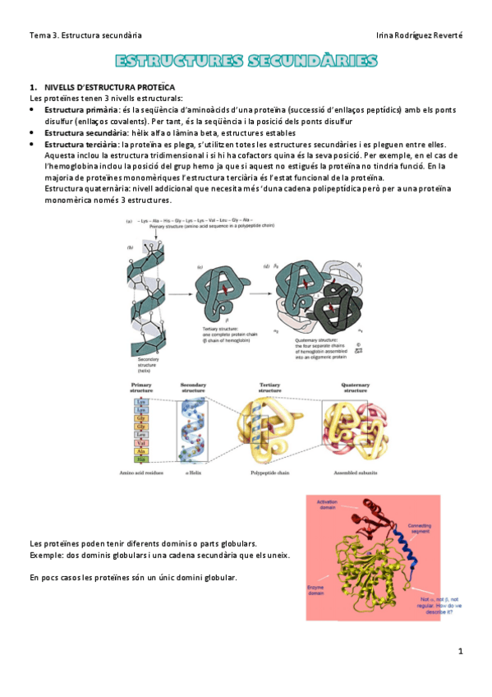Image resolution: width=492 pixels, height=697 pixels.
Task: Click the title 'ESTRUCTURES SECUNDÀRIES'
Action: pyautogui.click(x=246, y=62)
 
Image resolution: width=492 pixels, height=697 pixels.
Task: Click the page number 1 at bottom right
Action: pyautogui.click(x=461, y=651)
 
